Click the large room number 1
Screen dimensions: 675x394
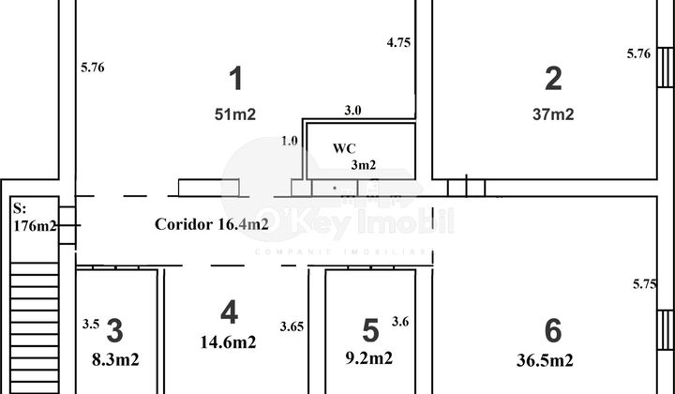tap(236, 79)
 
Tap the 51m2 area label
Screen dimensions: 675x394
tap(235, 114)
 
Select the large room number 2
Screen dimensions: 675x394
tap(553, 79)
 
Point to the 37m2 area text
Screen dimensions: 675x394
tap(553, 114)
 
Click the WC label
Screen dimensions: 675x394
tap(344, 148)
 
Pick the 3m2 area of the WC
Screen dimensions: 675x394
tap(364, 164)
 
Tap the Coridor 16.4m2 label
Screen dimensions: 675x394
tap(211, 224)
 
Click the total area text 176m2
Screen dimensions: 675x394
tap(35, 226)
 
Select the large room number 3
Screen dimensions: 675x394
tap(114, 331)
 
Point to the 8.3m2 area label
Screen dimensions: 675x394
tap(115, 359)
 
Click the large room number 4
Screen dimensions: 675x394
tap(229, 312)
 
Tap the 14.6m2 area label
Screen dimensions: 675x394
tap(228, 342)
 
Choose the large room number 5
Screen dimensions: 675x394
tap(370, 331)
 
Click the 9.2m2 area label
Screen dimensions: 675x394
tap(369, 357)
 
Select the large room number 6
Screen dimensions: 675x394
tap(553, 331)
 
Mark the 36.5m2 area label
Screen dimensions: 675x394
tap(545, 360)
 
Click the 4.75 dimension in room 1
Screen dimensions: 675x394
tap(398, 42)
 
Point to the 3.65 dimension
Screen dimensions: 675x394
tap(292, 326)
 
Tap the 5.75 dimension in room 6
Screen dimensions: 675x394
tap(644, 284)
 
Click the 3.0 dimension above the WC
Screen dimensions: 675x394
tap(352, 111)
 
